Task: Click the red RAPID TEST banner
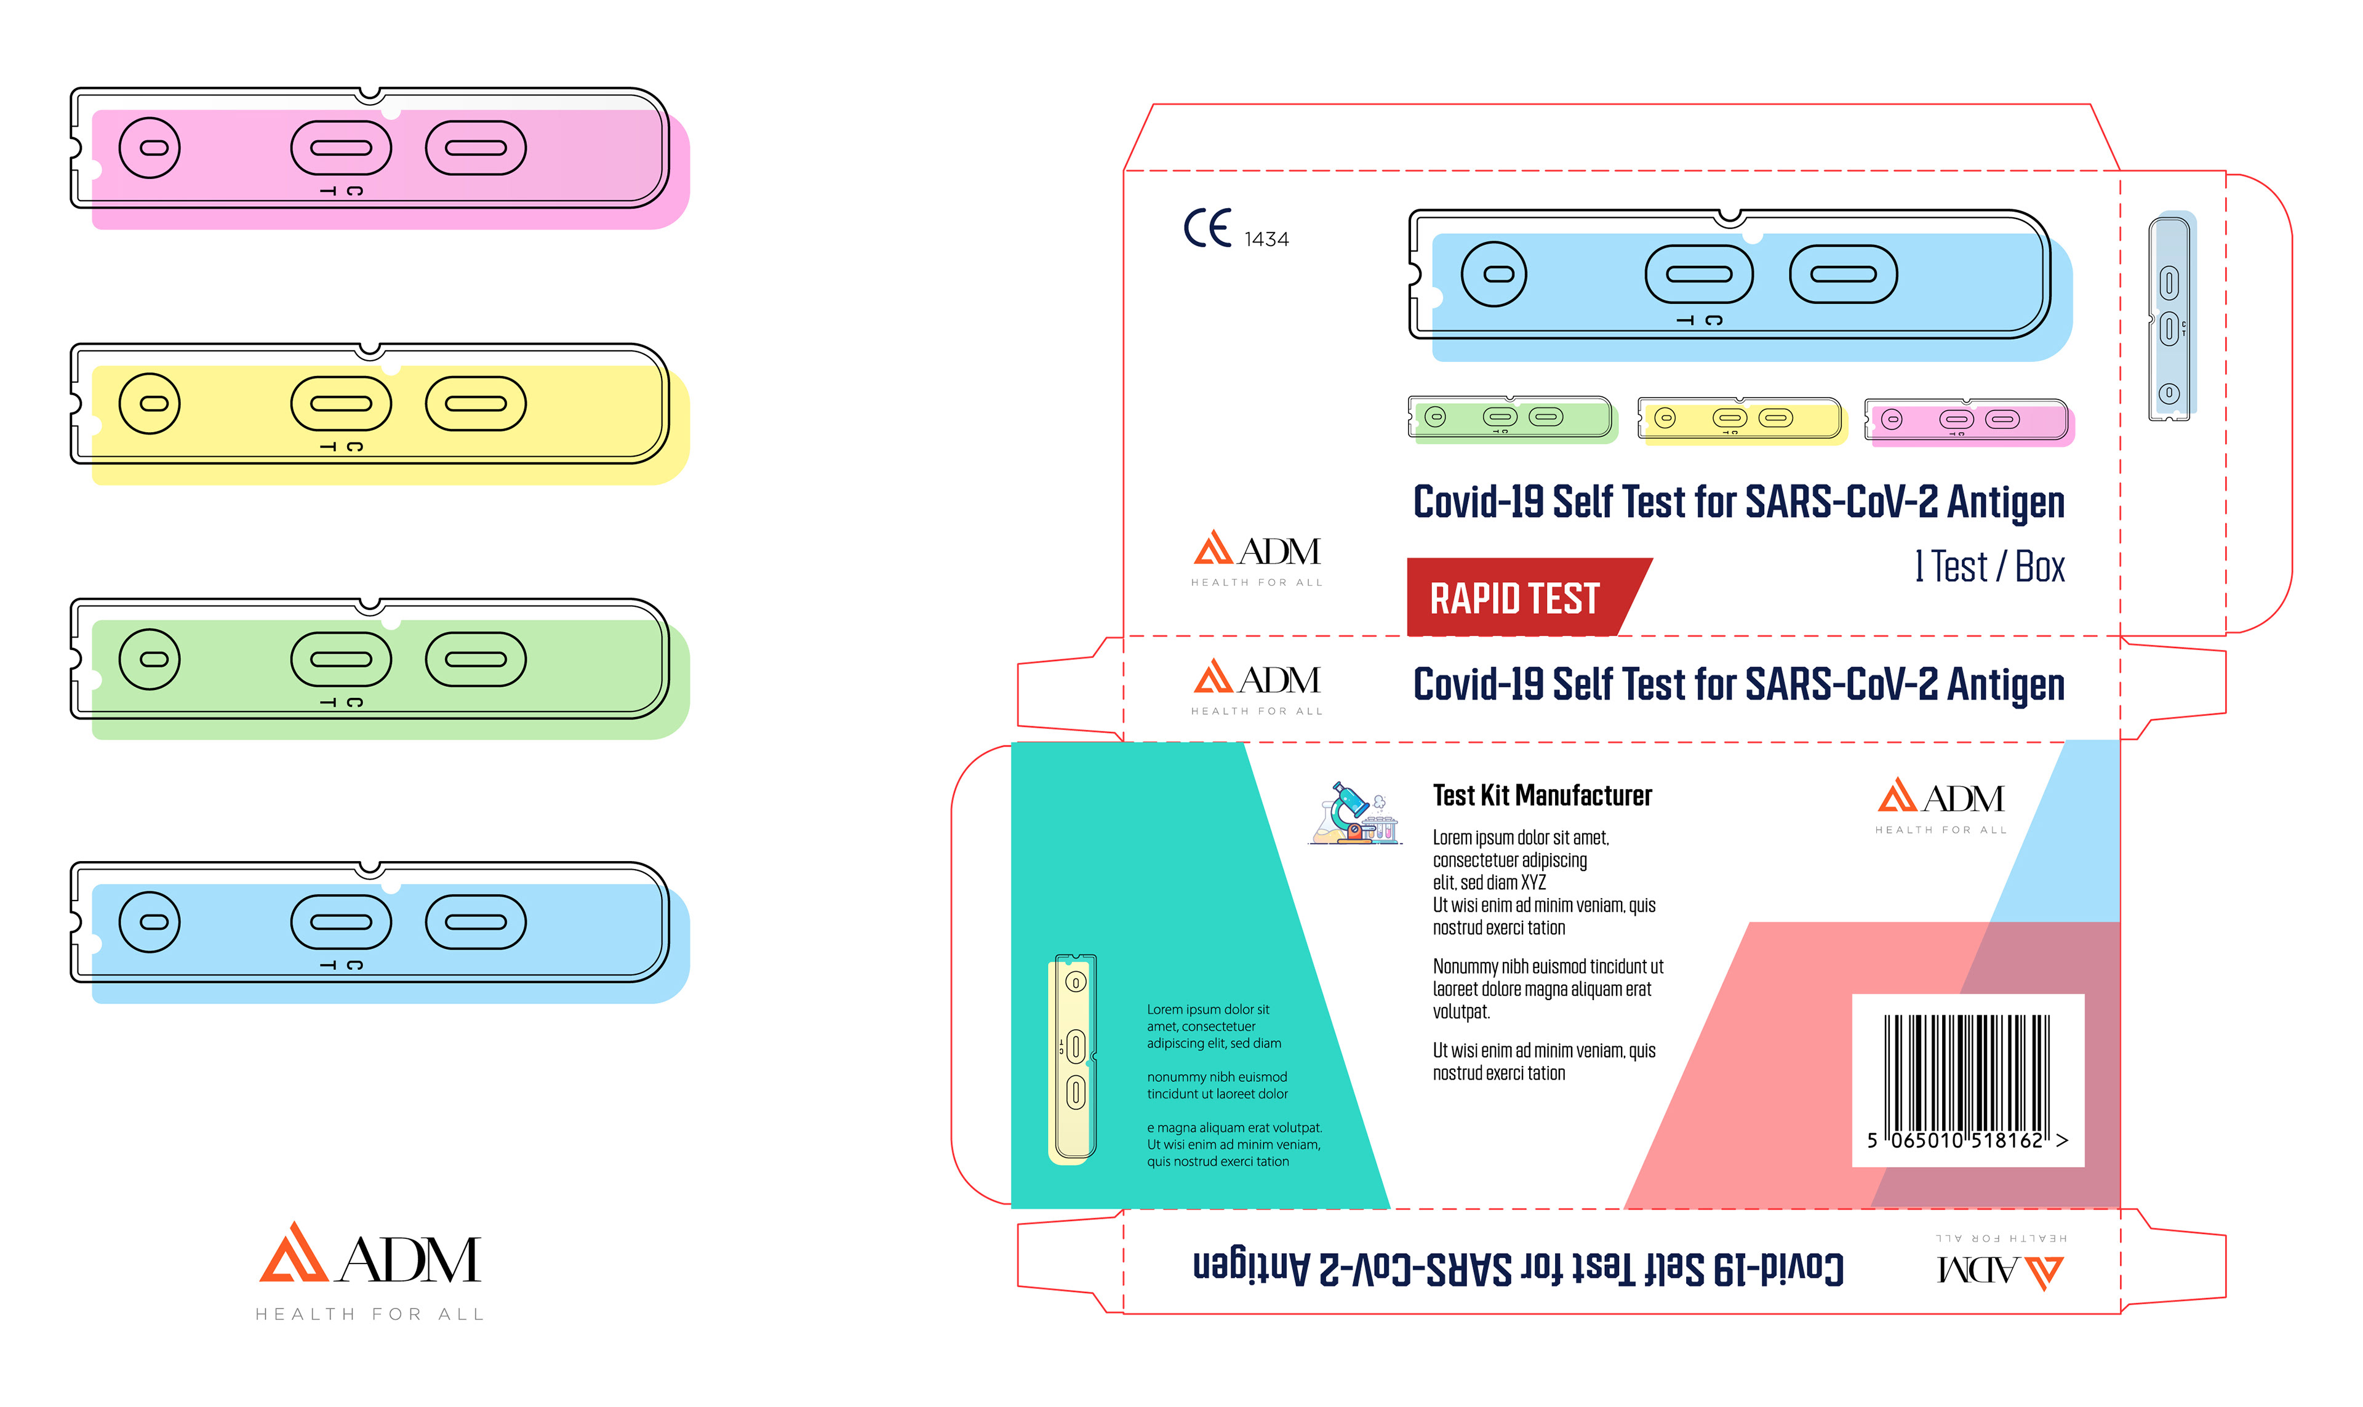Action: pos(1514,597)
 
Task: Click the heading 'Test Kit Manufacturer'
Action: pos(1541,795)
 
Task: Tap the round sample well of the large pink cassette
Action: pos(149,148)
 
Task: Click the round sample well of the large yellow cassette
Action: pos(149,404)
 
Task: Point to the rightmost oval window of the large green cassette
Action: pos(475,659)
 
